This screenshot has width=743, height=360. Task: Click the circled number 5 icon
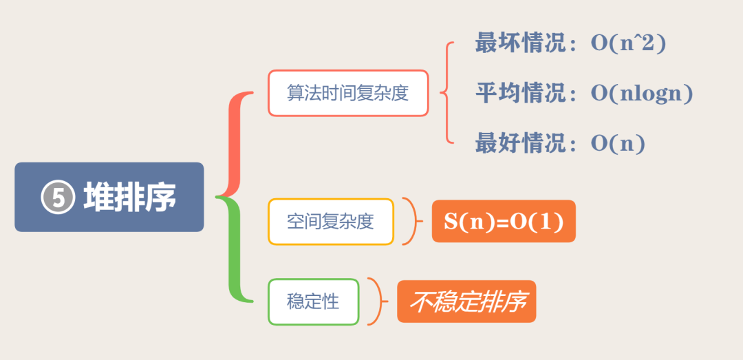coord(58,198)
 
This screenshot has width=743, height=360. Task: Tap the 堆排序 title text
coord(129,198)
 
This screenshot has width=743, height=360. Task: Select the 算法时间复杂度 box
coord(348,93)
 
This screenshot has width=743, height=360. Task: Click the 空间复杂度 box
coord(331,222)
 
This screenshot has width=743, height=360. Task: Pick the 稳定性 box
coord(313,301)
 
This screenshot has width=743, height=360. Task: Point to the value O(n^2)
coord(629,43)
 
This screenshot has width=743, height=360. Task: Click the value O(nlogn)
coord(641,93)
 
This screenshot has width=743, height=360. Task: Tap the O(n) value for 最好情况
coord(617,144)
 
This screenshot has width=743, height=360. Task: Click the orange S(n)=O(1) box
coord(504,222)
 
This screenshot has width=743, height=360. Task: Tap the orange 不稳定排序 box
coord(466,302)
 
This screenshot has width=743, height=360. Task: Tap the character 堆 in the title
coord(98,198)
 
